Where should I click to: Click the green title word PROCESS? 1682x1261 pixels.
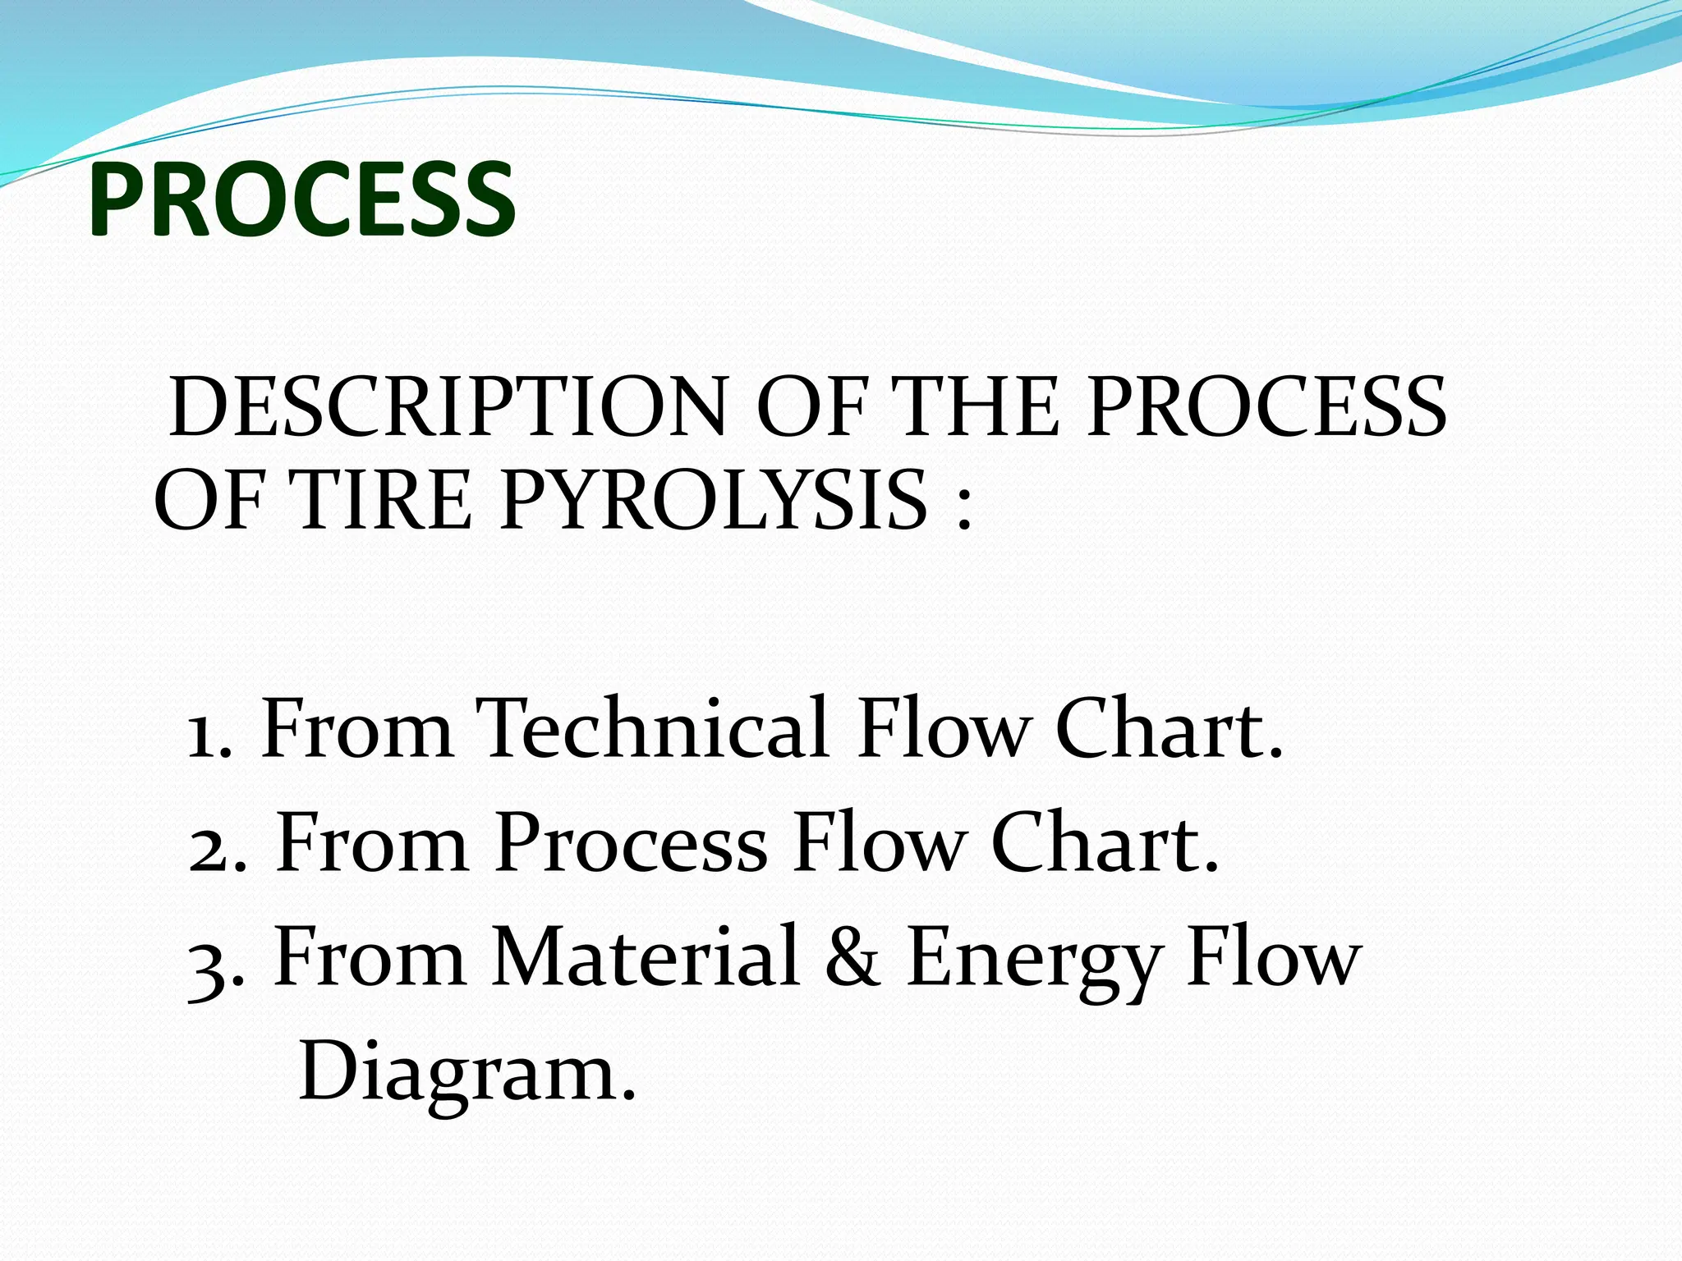302,199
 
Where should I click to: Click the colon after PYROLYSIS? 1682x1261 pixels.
963,505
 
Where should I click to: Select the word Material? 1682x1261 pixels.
646,956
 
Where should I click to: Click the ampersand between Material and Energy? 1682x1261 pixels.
852,957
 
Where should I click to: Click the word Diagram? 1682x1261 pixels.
466,1072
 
